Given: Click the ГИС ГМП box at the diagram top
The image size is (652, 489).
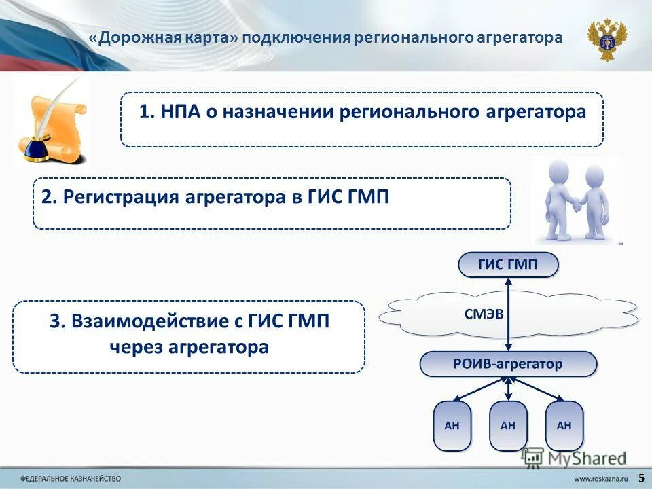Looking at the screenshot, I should [x=508, y=265].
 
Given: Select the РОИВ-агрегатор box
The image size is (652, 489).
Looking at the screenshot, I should [x=508, y=364].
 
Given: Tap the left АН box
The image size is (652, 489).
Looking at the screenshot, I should [x=452, y=426].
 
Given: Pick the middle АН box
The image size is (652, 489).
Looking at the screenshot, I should [x=507, y=426].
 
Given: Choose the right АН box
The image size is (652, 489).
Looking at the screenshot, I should [x=564, y=426].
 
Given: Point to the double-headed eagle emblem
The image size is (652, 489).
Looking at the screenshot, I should [x=607, y=39].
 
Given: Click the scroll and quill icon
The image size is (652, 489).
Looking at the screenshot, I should [x=51, y=121].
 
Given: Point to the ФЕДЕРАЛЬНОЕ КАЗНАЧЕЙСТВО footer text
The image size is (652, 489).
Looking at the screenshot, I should [x=71, y=479].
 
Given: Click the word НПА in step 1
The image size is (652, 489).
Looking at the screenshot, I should [x=179, y=112].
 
